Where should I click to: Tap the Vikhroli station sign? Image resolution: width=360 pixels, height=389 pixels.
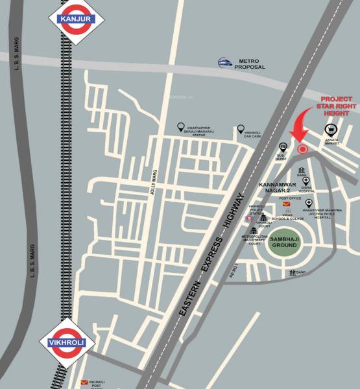coord(67,342)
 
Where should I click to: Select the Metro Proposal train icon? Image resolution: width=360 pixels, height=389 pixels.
coord(225,63)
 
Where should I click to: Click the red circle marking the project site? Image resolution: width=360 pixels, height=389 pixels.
coord(302,150)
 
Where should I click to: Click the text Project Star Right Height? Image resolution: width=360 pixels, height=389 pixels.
coord(335,106)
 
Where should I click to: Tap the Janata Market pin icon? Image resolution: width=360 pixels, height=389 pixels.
coord(330,130)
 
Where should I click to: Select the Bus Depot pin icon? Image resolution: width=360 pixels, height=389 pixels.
coord(283,148)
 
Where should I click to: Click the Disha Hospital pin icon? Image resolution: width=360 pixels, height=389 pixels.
coord(306,182)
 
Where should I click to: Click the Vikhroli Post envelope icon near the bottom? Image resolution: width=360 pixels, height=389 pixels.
coord(83,384)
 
